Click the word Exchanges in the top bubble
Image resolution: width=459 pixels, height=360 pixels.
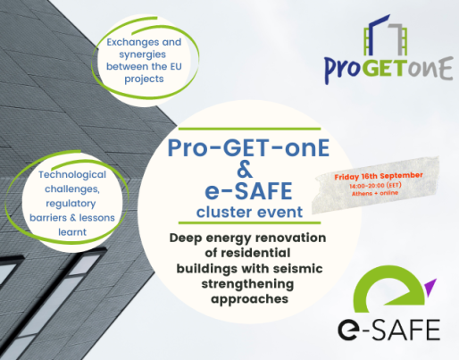[x=129, y=42]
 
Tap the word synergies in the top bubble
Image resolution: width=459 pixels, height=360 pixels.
[x=143, y=54]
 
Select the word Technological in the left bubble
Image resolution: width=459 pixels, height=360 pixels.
[x=72, y=175]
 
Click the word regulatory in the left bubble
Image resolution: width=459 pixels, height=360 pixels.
[x=71, y=204]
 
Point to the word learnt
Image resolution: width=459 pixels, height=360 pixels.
[x=72, y=232]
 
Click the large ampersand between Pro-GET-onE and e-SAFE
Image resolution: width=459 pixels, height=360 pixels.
[x=245, y=169]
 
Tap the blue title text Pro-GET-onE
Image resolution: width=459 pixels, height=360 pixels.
[x=248, y=148]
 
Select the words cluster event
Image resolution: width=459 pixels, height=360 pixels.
[x=249, y=213]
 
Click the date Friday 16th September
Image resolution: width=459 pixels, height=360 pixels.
[x=379, y=176]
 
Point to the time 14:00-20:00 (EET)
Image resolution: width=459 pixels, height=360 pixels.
[x=375, y=186]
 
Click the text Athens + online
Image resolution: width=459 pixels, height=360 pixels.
[x=375, y=193]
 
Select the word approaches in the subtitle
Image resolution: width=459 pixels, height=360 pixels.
[x=249, y=299]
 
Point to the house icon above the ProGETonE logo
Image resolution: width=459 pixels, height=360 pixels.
[x=386, y=35]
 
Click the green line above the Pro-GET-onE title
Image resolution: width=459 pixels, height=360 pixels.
[x=249, y=129]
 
